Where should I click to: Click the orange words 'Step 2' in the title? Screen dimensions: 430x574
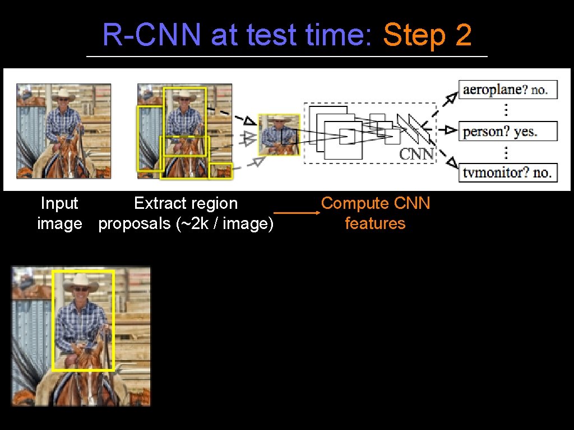click(x=427, y=36)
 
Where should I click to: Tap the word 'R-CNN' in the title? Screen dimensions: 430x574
click(x=152, y=36)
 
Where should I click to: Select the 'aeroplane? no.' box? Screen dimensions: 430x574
click(x=508, y=90)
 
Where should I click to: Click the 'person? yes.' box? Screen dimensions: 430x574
click(x=508, y=132)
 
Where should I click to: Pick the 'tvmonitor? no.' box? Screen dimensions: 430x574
click(x=508, y=172)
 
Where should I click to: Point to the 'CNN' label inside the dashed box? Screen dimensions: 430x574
click(x=416, y=153)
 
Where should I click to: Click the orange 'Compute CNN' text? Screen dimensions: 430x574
click(x=376, y=203)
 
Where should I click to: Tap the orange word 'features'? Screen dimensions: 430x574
click(x=375, y=223)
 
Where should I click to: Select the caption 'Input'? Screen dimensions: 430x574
click(x=59, y=203)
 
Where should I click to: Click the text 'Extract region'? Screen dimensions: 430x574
click(x=186, y=203)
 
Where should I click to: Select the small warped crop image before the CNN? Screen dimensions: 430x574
click(x=279, y=134)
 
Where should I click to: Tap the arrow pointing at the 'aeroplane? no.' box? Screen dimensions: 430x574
click(x=450, y=100)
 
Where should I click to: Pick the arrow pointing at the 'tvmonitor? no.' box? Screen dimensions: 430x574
click(x=450, y=161)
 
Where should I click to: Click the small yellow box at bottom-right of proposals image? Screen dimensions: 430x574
click(x=220, y=171)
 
